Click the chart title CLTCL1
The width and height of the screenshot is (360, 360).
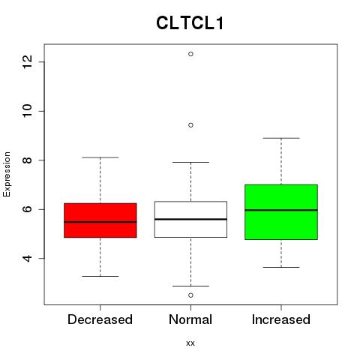click(x=190, y=23)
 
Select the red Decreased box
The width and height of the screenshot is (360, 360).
click(x=100, y=220)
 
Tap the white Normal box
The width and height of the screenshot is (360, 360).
click(x=190, y=219)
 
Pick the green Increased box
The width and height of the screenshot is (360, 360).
click(x=281, y=212)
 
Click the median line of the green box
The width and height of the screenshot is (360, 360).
click(x=281, y=210)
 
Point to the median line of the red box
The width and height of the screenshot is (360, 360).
click(x=100, y=222)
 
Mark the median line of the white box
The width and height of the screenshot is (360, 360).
click(x=190, y=219)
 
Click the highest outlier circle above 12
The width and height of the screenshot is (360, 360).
click(x=190, y=54)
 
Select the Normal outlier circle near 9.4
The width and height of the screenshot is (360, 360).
click(x=190, y=125)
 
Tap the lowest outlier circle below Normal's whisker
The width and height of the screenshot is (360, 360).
click(x=190, y=295)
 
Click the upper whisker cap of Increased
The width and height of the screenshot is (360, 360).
click(x=281, y=138)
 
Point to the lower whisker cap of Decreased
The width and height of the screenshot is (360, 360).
click(x=100, y=276)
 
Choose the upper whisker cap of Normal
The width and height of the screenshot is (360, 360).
click(x=190, y=162)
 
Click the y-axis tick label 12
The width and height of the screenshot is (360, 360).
click(x=27, y=61)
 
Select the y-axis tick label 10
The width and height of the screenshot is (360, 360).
click(x=27, y=111)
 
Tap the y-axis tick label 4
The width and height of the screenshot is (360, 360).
click(x=27, y=258)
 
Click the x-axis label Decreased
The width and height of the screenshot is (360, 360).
click(x=100, y=319)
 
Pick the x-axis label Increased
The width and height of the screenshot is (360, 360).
click(x=281, y=319)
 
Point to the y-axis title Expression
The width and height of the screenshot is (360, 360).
click(x=7, y=174)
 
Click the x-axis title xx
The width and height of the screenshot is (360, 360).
click(x=190, y=343)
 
